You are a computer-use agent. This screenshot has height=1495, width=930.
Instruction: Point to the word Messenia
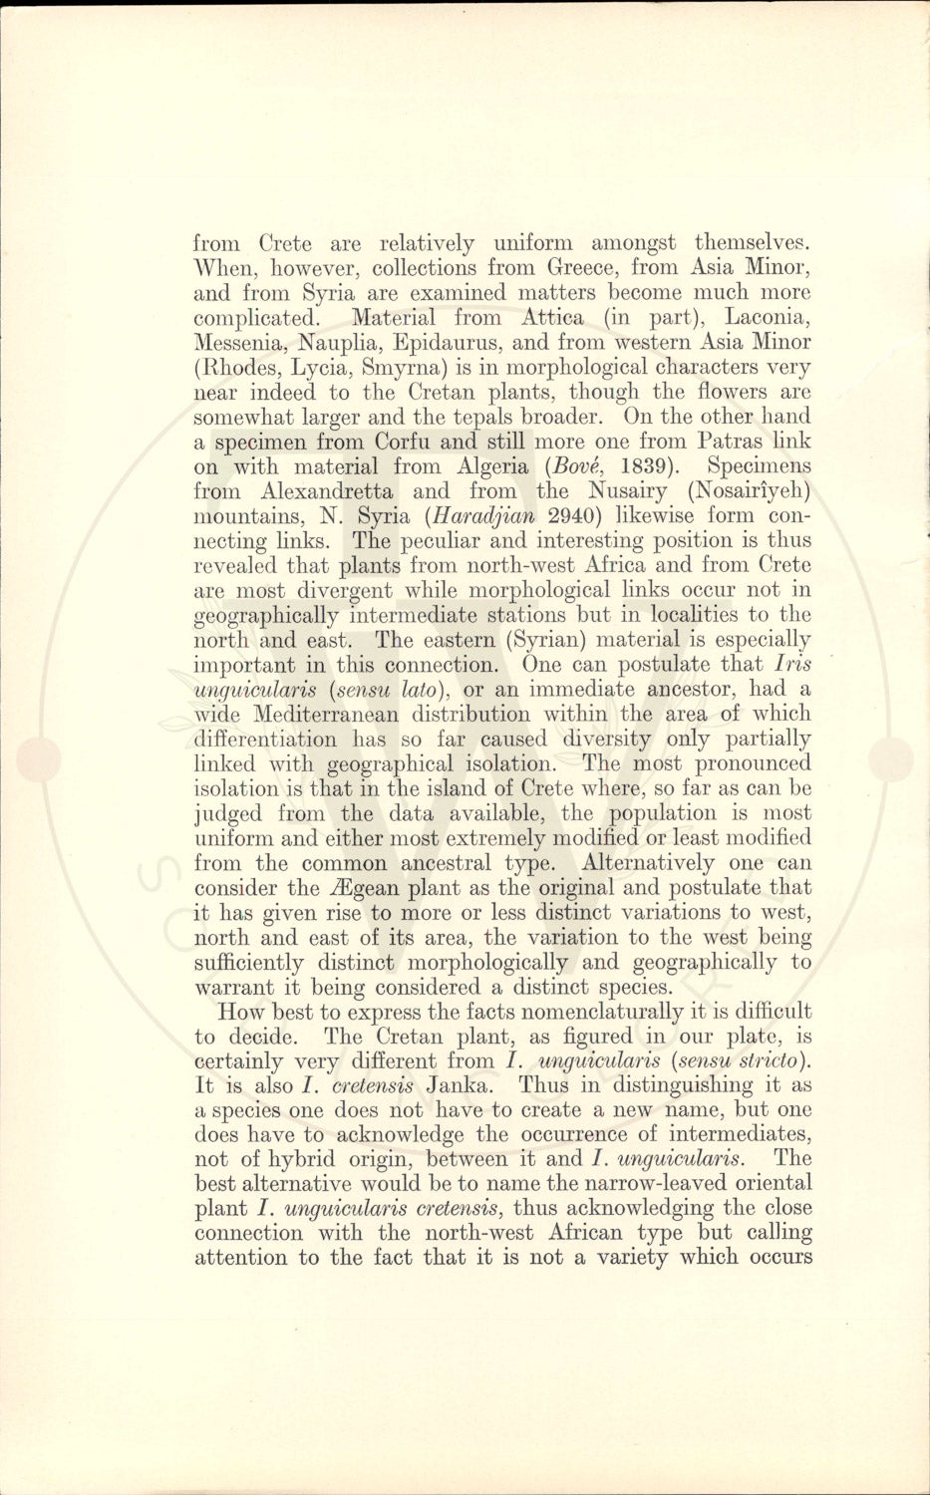pyautogui.click(x=241, y=343)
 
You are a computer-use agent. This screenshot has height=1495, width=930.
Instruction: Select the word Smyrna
pyautogui.click(x=421, y=368)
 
